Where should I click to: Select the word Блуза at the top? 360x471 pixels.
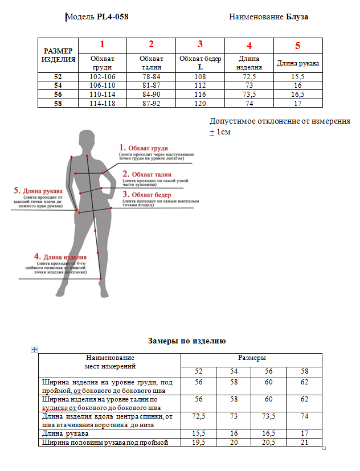click(297, 17)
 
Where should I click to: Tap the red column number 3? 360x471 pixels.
click(200, 45)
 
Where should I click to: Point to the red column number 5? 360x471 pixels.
click(298, 46)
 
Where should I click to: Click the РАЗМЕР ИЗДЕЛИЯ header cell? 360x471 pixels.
click(58, 55)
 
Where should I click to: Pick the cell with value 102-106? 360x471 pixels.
click(103, 77)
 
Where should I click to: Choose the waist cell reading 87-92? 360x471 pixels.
click(151, 103)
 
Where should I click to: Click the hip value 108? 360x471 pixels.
click(200, 77)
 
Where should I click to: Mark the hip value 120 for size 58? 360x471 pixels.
click(200, 103)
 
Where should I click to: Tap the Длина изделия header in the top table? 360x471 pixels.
click(249, 63)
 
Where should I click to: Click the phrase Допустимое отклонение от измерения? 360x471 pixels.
click(280, 122)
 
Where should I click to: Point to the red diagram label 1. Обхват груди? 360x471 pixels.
click(148, 148)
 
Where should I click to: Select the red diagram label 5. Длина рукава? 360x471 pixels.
click(38, 191)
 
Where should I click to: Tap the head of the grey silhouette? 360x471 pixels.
click(87, 138)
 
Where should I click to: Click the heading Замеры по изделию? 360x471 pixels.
click(187, 341)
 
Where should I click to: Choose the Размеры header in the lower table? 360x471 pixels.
click(251, 358)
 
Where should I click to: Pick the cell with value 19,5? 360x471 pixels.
click(199, 443)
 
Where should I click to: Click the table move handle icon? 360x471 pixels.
click(34, 349)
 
